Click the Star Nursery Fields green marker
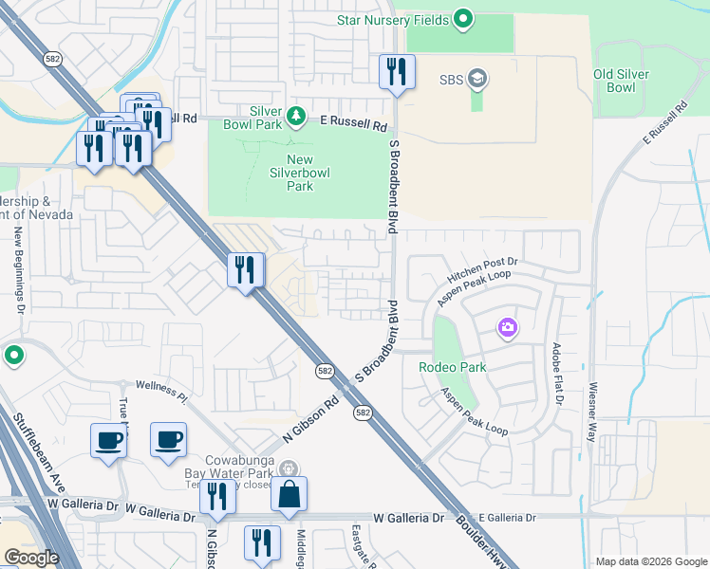click(463, 18)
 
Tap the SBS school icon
click(478, 79)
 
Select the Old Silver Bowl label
click(627, 81)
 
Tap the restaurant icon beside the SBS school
click(397, 72)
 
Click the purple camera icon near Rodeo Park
click(508, 328)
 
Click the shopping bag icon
click(289, 494)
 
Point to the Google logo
click(31, 558)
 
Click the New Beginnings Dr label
click(19, 271)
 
